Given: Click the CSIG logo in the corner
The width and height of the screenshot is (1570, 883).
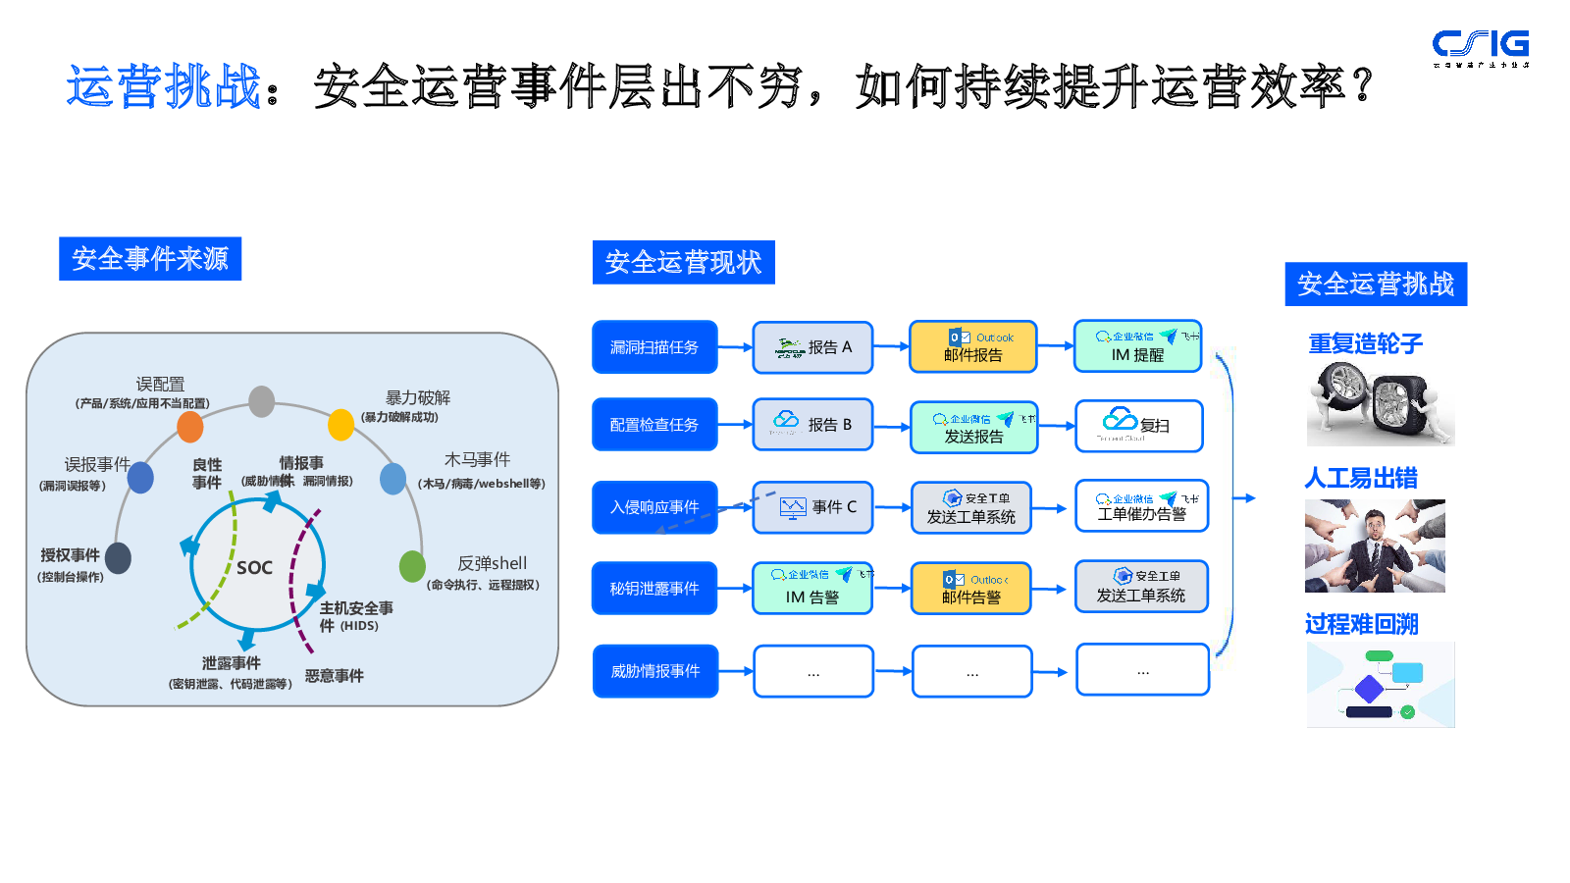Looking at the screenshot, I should click(x=1480, y=46).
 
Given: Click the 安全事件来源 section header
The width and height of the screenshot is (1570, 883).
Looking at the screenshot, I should click(x=150, y=259).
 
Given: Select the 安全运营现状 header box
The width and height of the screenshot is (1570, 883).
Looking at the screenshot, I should click(x=683, y=263).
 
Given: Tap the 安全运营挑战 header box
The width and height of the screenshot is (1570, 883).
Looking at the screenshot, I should click(x=1376, y=285).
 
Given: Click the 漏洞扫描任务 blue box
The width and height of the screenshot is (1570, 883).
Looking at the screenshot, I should click(x=654, y=347).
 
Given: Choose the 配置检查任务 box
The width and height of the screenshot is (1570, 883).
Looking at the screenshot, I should click(x=654, y=425).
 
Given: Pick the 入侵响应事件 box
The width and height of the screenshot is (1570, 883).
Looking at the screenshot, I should click(x=654, y=507).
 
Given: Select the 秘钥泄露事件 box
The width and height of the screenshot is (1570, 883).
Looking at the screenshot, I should click(x=654, y=589).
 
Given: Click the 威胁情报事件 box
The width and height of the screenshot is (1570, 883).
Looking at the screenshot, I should click(x=654, y=671).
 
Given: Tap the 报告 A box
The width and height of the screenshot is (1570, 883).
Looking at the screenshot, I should click(x=812, y=347).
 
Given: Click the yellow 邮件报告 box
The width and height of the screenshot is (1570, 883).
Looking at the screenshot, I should click(x=972, y=347).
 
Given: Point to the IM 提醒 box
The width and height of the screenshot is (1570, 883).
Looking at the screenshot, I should click(x=1137, y=346).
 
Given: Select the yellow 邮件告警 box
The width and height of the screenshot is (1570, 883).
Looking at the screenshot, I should click(x=971, y=589).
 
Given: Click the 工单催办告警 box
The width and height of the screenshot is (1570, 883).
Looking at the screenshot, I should click(x=1141, y=506).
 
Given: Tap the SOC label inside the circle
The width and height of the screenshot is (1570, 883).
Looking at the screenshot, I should click(x=254, y=568).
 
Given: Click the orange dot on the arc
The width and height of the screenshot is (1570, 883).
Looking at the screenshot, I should click(x=190, y=427).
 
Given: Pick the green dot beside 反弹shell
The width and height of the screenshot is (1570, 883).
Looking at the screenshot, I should click(x=412, y=566).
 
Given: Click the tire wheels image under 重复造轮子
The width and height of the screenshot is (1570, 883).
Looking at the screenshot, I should click(x=1380, y=403).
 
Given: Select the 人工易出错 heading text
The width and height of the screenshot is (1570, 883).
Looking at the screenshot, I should click(x=1361, y=479).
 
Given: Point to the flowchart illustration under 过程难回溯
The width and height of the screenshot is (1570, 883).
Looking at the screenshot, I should click(x=1380, y=685).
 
